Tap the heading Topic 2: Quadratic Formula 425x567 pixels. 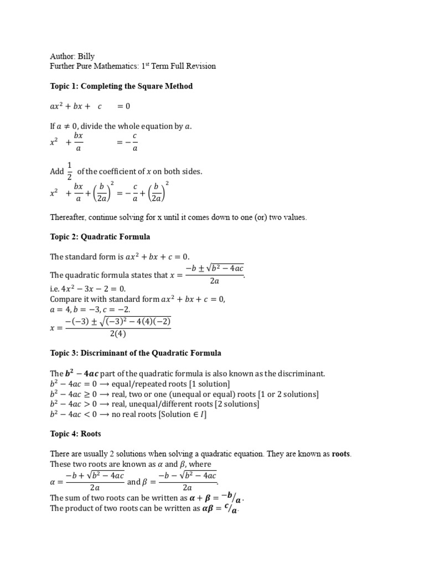point(100,237)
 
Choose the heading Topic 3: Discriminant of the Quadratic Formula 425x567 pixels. point(136,353)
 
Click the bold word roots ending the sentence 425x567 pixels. point(341,454)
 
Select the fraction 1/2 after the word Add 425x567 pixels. point(70,172)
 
